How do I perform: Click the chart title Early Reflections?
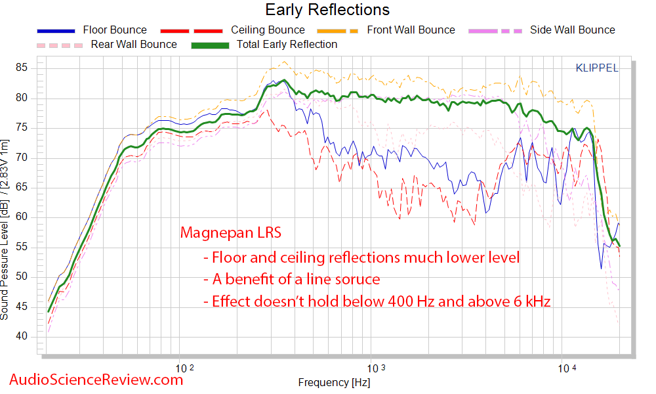[x=327, y=10]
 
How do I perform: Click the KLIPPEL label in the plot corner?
[x=597, y=68]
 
